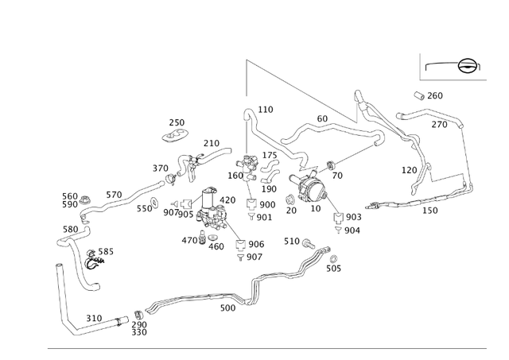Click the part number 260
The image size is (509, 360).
click(x=435, y=96)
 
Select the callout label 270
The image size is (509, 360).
click(x=439, y=125)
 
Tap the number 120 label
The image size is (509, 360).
click(x=409, y=170)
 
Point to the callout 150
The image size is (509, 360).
click(x=429, y=211)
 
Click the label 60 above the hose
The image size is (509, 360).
click(x=322, y=119)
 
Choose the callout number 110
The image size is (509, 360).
click(x=266, y=110)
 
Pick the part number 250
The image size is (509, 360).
click(x=177, y=123)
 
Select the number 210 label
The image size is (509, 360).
click(x=211, y=144)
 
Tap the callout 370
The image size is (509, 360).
click(x=161, y=168)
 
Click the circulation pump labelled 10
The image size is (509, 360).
click(x=311, y=189)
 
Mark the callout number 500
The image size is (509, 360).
click(x=227, y=308)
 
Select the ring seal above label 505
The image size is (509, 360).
click(x=333, y=258)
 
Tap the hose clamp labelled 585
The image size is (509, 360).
click(x=91, y=261)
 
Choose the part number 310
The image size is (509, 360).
click(x=94, y=318)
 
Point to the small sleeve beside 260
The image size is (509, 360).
click(x=418, y=95)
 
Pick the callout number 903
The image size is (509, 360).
click(x=353, y=217)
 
